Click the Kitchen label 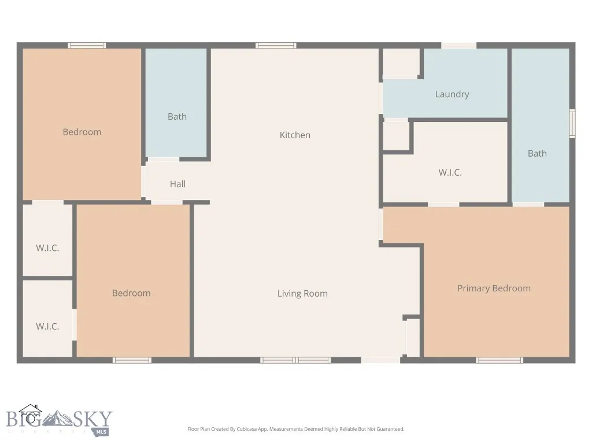pyautogui.click(x=295, y=135)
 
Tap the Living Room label pyautogui.click(x=302, y=293)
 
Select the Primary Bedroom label pyautogui.click(x=494, y=288)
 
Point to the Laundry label pyautogui.click(x=452, y=94)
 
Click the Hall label pyautogui.click(x=177, y=184)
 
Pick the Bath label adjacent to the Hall pyautogui.click(x=177, y=116)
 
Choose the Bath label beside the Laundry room pyautogui.click(x=536, y=153)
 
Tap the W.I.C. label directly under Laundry pyautogui.click(x=450, y=172)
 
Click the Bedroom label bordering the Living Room pyautogui.click(x=131, y=293)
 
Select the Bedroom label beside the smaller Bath pyautogui.click(x=82, y=132)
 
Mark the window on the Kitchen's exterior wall pyautogui.click(x=276, y=45)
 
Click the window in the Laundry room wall pyautogui.click(x=458, y=45)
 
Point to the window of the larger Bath pyautogui.click(x=572, y=124)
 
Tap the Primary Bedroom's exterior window pyautogui.click(x=499, y=360)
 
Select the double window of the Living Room pyautogui.click(x=295, y=360)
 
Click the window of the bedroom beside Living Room pyautogui.click(x=132, y=360)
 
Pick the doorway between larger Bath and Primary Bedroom pyautogui.click(x=528, y=204)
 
